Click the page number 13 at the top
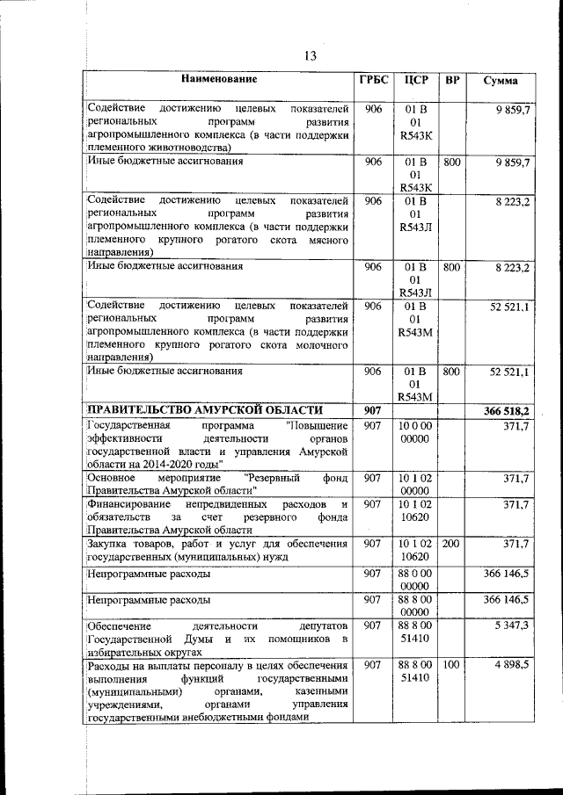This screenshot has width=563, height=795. (309, 55)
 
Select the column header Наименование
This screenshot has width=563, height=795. (219, 80)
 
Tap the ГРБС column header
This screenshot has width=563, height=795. (373, 80)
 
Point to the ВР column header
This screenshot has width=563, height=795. (452, 80)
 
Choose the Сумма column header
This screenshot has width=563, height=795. (500, 81)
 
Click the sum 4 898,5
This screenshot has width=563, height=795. (511, 666)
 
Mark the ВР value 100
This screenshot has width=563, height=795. (451, 666)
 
